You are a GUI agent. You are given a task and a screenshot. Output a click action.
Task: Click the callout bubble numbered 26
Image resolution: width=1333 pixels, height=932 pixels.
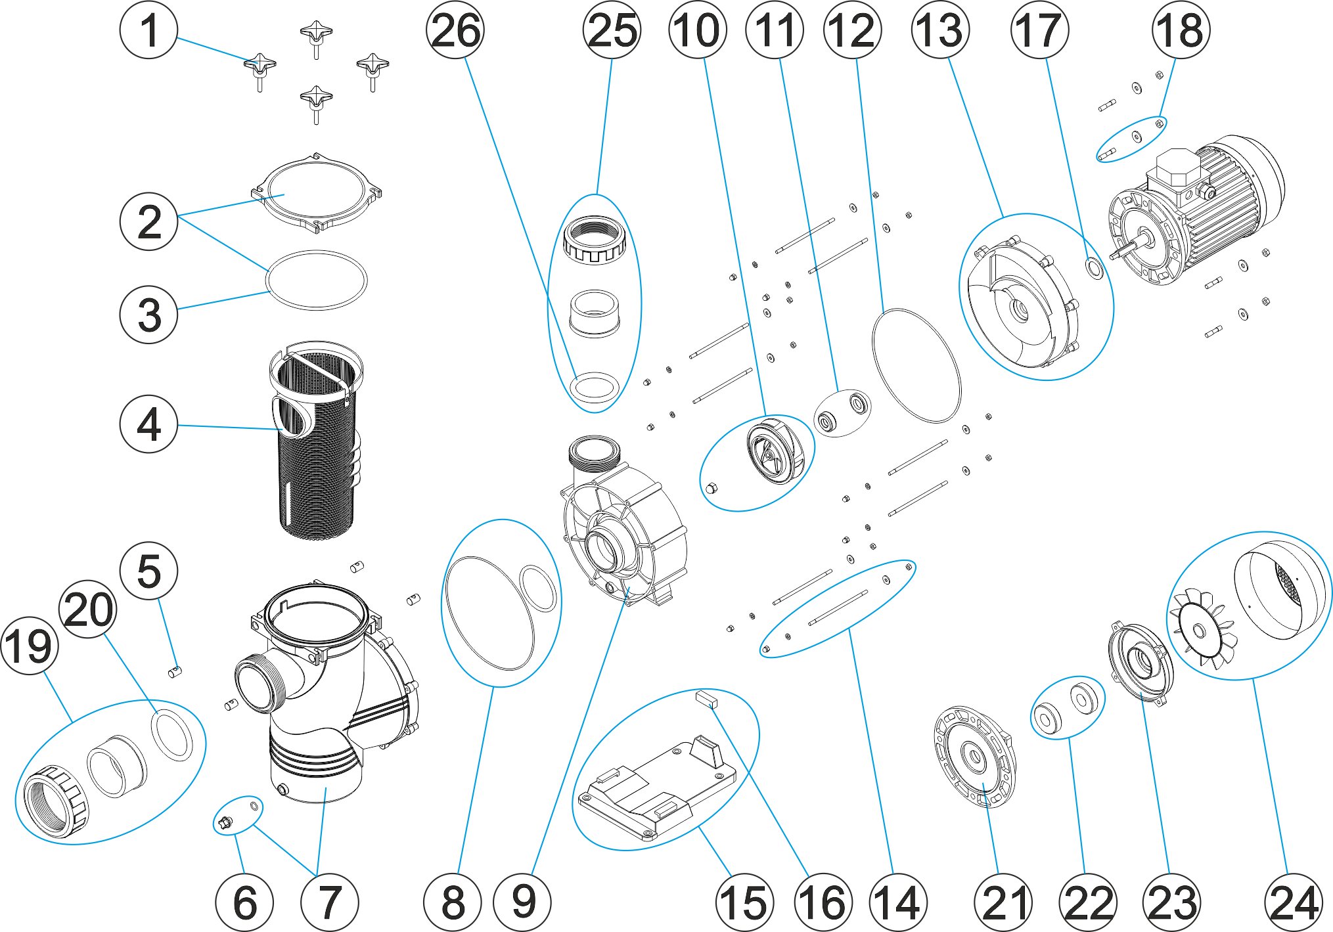coord(455,30)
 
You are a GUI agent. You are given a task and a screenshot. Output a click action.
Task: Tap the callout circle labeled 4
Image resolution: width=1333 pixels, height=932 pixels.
coord(148,424)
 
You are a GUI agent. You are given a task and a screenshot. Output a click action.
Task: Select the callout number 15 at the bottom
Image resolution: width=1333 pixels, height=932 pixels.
coord(744,902)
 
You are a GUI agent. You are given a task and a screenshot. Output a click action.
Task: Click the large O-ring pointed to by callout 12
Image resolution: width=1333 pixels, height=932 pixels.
coord(916,365)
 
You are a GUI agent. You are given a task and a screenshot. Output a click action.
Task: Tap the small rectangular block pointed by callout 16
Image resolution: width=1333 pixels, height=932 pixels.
coord(707,699)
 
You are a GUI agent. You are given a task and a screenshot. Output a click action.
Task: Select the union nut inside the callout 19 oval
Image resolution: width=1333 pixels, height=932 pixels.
coord(56,801)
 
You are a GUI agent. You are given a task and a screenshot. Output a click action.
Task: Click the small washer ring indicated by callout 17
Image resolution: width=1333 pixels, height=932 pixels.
coord(1095,268)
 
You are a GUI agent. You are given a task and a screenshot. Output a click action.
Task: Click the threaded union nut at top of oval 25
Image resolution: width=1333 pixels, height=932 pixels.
coord(595,240)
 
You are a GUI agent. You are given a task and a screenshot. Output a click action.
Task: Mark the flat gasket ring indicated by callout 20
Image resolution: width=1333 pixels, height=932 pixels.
coord(172,734)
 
